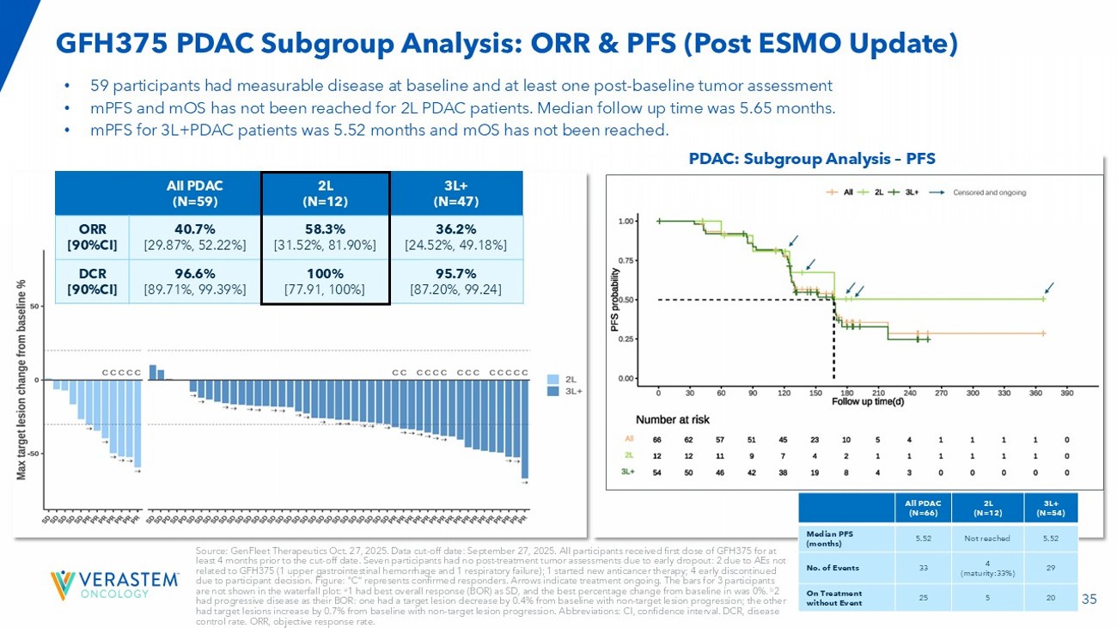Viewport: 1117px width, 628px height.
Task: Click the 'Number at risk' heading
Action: [x=673, y=419]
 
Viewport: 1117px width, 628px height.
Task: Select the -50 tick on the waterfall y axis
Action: [x=34, y=453]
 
